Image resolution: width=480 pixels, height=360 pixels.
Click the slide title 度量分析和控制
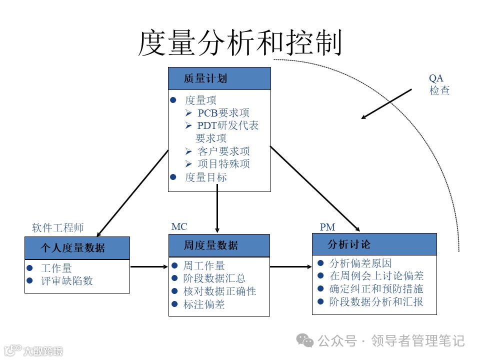pyautogui.click(x=239, y=42)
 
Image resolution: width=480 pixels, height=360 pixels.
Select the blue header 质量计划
pyautogui.click(x=205, y=78)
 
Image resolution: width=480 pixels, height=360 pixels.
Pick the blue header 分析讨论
pyautogui.click(x=349, y=244)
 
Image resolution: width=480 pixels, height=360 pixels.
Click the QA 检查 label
pyautogui.click(x=439, y=84)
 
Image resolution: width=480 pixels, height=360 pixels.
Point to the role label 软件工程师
pyautogui.click(x=58, y=228)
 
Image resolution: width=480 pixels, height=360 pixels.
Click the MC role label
pyautogui.click(x=179, y=227)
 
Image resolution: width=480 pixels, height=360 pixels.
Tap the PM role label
pyautogui.click(x=327, y=227)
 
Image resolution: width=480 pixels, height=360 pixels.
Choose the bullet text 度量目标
pyautogui.click(x=205, y=177)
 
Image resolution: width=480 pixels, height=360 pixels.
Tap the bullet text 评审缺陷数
pyautogui.click(x=67, y=280)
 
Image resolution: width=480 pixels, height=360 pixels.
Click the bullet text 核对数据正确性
pyautogui.click(x=219, y=291)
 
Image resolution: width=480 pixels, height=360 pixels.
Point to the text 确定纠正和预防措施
pyautogui.click(x=376, y=289)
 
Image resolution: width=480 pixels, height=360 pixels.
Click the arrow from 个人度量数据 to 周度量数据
pyautogui.click(x=149, y=267)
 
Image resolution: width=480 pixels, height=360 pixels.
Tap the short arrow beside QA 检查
pyautogui.click(x=386, y=104)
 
